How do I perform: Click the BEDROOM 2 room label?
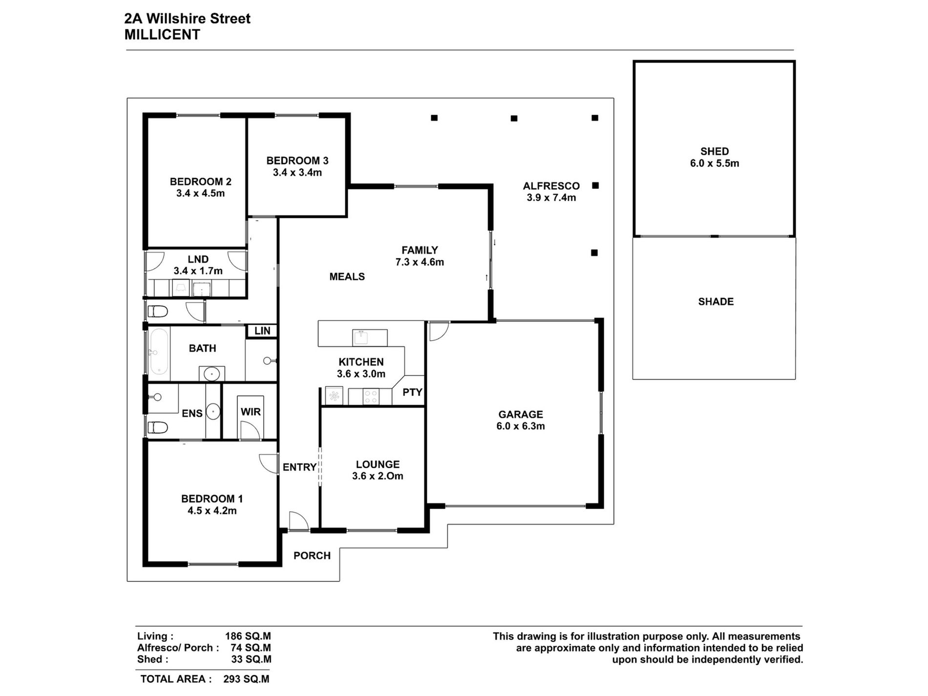[x=200, y=182]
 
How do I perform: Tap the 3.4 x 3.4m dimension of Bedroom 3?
[x=297, y=172]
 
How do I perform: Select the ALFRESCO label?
[x=551, y=186]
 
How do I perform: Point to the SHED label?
[x=714, y=151]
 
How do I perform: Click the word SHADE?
[x=716, y=302]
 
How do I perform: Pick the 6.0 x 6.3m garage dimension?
[x=520, y=426]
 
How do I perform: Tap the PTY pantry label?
[x=412, y=392]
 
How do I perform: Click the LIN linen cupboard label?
[x=262, y=331]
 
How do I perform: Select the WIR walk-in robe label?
[x=251, y=412]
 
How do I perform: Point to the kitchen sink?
[x=361, y=337]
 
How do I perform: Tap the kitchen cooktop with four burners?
[x=370, y=396]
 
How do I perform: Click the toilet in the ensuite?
[x=158, y=428]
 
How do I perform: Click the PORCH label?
[x=312, y=556]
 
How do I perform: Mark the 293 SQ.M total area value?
[x=246, y=679]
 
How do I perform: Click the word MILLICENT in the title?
[x=162, y=35]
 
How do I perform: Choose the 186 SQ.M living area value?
[x=248, y=636]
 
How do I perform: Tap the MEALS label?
[x=347, y=277]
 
